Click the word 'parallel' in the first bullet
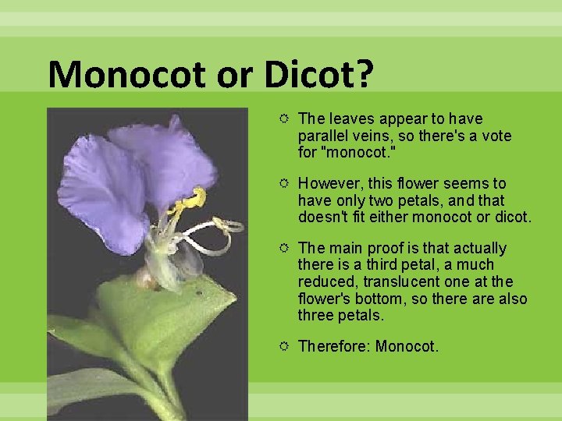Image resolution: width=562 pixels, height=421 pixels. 322,136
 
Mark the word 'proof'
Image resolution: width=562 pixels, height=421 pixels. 384,248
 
